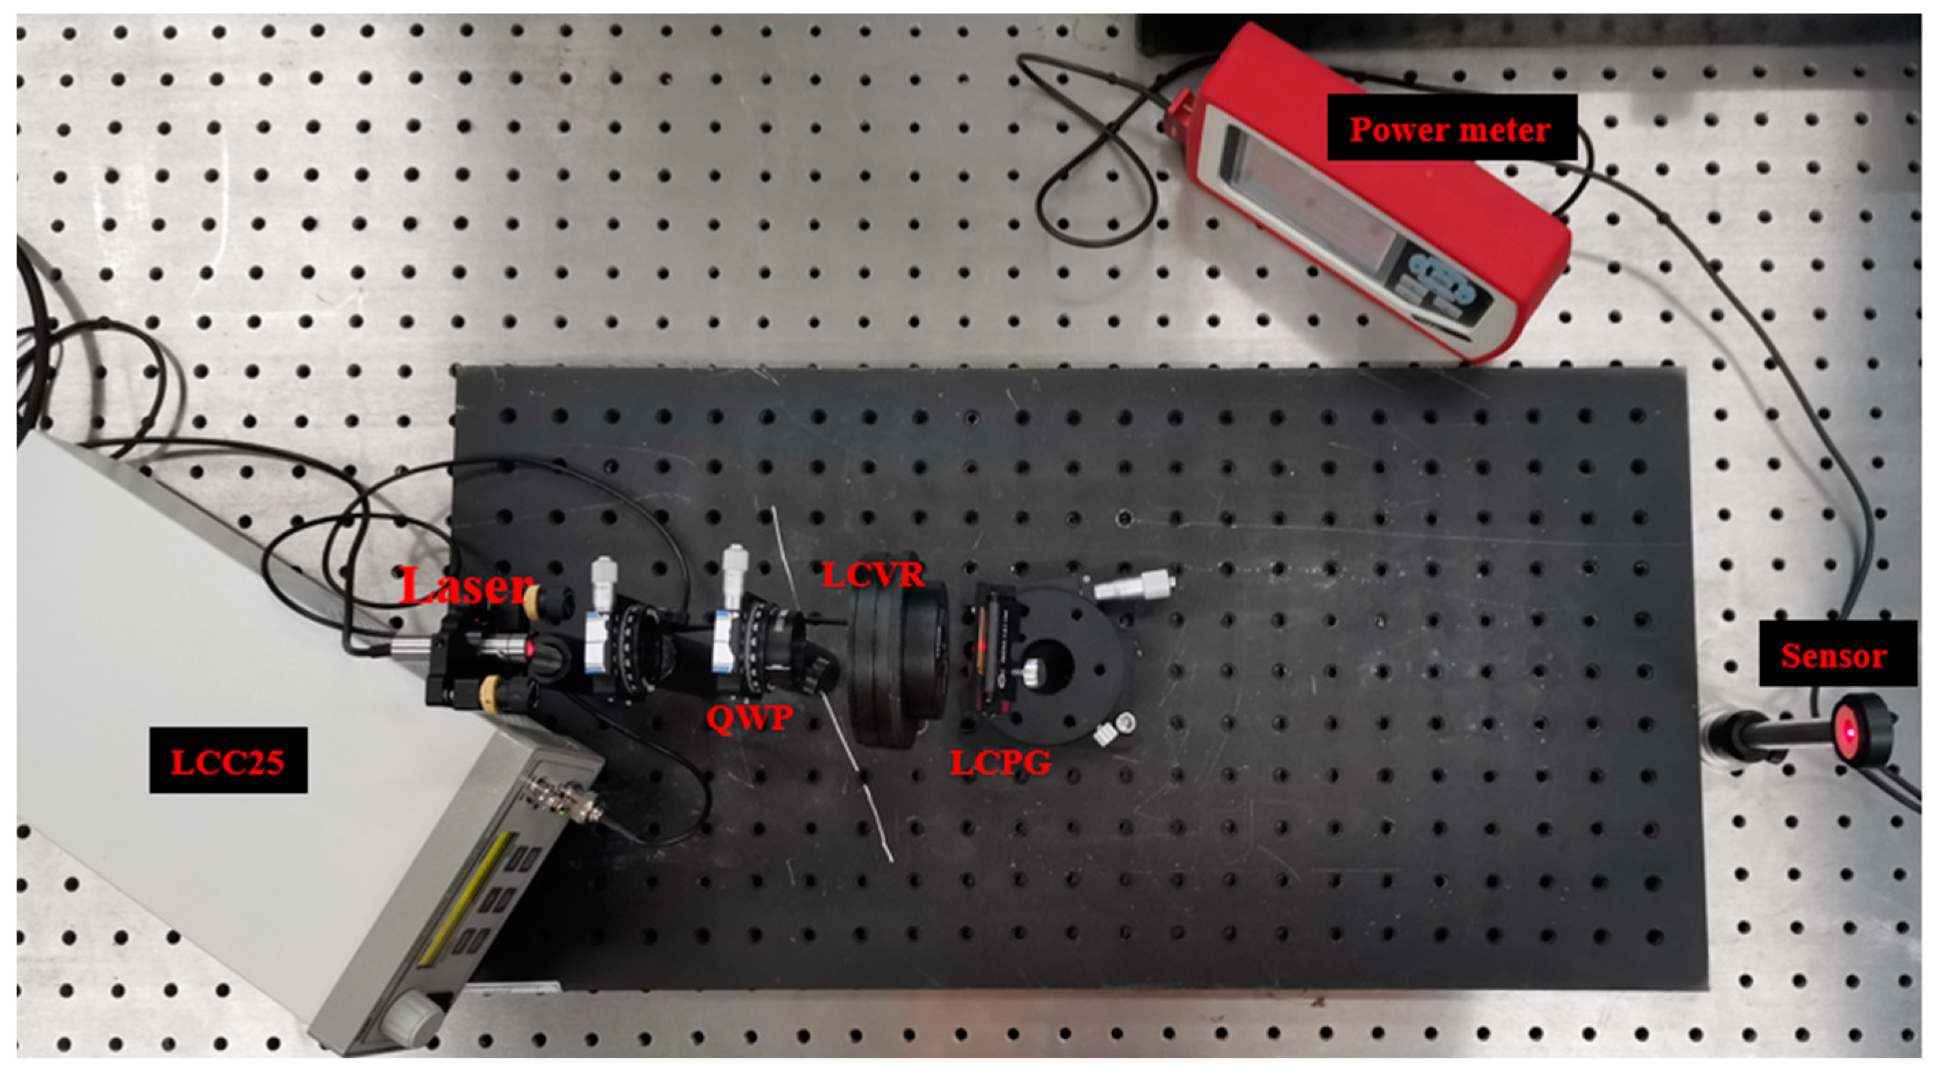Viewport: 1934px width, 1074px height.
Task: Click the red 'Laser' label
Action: tap(466, 587)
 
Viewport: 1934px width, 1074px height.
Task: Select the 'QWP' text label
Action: tap(749, 718)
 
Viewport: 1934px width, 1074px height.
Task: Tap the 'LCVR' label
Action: tap(873, 576)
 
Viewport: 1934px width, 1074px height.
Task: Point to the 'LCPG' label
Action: tap(1000, 763)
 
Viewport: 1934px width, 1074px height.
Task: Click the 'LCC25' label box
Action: tap(228, 760)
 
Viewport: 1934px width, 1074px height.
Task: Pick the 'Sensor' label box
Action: tap(1834, 654)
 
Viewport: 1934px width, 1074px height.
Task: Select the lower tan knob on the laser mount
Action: tap(491, 691)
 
